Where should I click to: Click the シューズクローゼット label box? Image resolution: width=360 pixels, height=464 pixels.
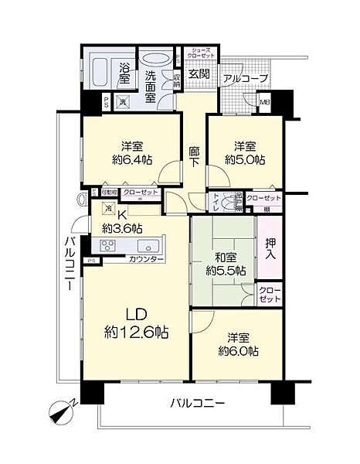(x=199, y=54)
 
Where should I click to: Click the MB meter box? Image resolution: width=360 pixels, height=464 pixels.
(x=263, y=101)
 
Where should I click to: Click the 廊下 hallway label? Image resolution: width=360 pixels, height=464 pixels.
(x=194, y=155)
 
